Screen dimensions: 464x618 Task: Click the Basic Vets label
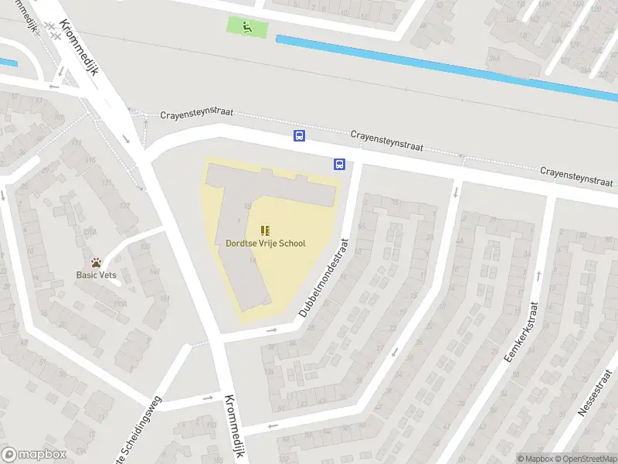97,275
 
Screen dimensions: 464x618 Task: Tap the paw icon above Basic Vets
97,263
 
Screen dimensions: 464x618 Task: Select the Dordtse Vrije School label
265,244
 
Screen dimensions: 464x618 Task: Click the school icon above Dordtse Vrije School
265,230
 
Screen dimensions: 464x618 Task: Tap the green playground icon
247,27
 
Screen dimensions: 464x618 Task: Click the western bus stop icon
300,136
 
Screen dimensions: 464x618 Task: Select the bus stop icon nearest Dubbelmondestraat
339,164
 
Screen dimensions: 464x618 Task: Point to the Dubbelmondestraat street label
324,278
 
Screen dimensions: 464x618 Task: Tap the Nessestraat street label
596,413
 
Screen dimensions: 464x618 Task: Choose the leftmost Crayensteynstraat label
196,114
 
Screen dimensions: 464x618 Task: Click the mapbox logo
34,454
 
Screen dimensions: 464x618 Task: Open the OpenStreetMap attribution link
585,459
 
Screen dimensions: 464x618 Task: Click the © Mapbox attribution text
535,459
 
